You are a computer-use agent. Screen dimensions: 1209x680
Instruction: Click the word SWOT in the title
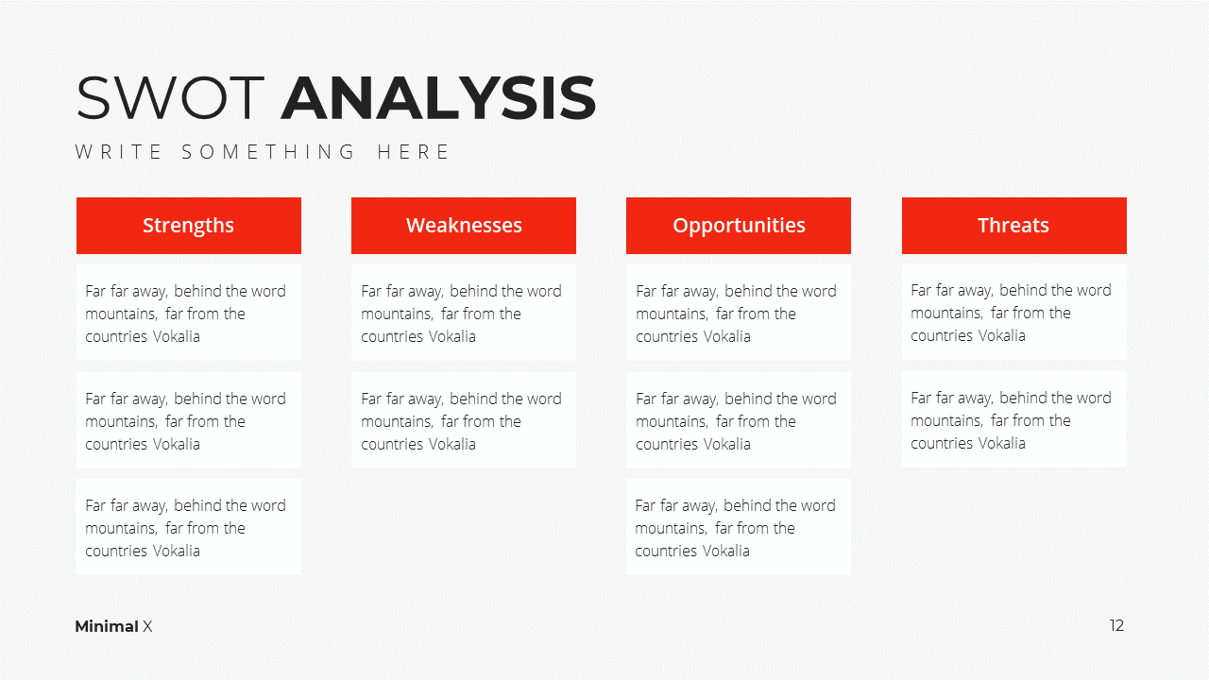(x=170, y=97)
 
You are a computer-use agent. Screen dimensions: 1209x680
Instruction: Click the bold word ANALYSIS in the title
(x=438, y=97)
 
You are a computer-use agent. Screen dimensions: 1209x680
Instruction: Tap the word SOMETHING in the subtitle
(x=267, y=152)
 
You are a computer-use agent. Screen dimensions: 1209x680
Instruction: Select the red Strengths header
(x=188, y=226)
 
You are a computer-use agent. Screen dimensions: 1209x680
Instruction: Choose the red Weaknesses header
(x=464, y=226)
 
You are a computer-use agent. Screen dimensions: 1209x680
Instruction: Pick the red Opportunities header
(x=739, y=226)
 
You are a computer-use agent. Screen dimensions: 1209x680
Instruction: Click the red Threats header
(x=1014, y=226)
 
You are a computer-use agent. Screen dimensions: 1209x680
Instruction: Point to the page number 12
(x=1116, y=625)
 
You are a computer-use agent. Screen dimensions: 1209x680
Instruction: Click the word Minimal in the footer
(x=107, y=626)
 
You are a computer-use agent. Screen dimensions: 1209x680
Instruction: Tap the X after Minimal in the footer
(x=147, y=626)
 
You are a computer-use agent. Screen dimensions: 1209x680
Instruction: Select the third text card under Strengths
(x=188, y=527)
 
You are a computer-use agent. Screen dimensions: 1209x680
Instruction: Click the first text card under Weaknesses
(x=464, y=313)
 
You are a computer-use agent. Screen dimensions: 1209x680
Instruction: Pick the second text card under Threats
(x=1014, y=419)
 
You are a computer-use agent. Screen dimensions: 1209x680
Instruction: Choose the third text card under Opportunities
(x=739, y=527)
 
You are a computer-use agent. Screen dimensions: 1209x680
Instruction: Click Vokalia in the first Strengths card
(x=176, y=336)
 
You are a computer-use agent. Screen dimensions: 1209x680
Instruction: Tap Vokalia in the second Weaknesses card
(x=451, y=444)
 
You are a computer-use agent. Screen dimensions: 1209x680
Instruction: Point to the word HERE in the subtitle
(x=413, y=152)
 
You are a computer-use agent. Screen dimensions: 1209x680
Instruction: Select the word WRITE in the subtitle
(x=118, y=152)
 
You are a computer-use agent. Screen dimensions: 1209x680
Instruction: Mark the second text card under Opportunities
(x=739, y=420)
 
